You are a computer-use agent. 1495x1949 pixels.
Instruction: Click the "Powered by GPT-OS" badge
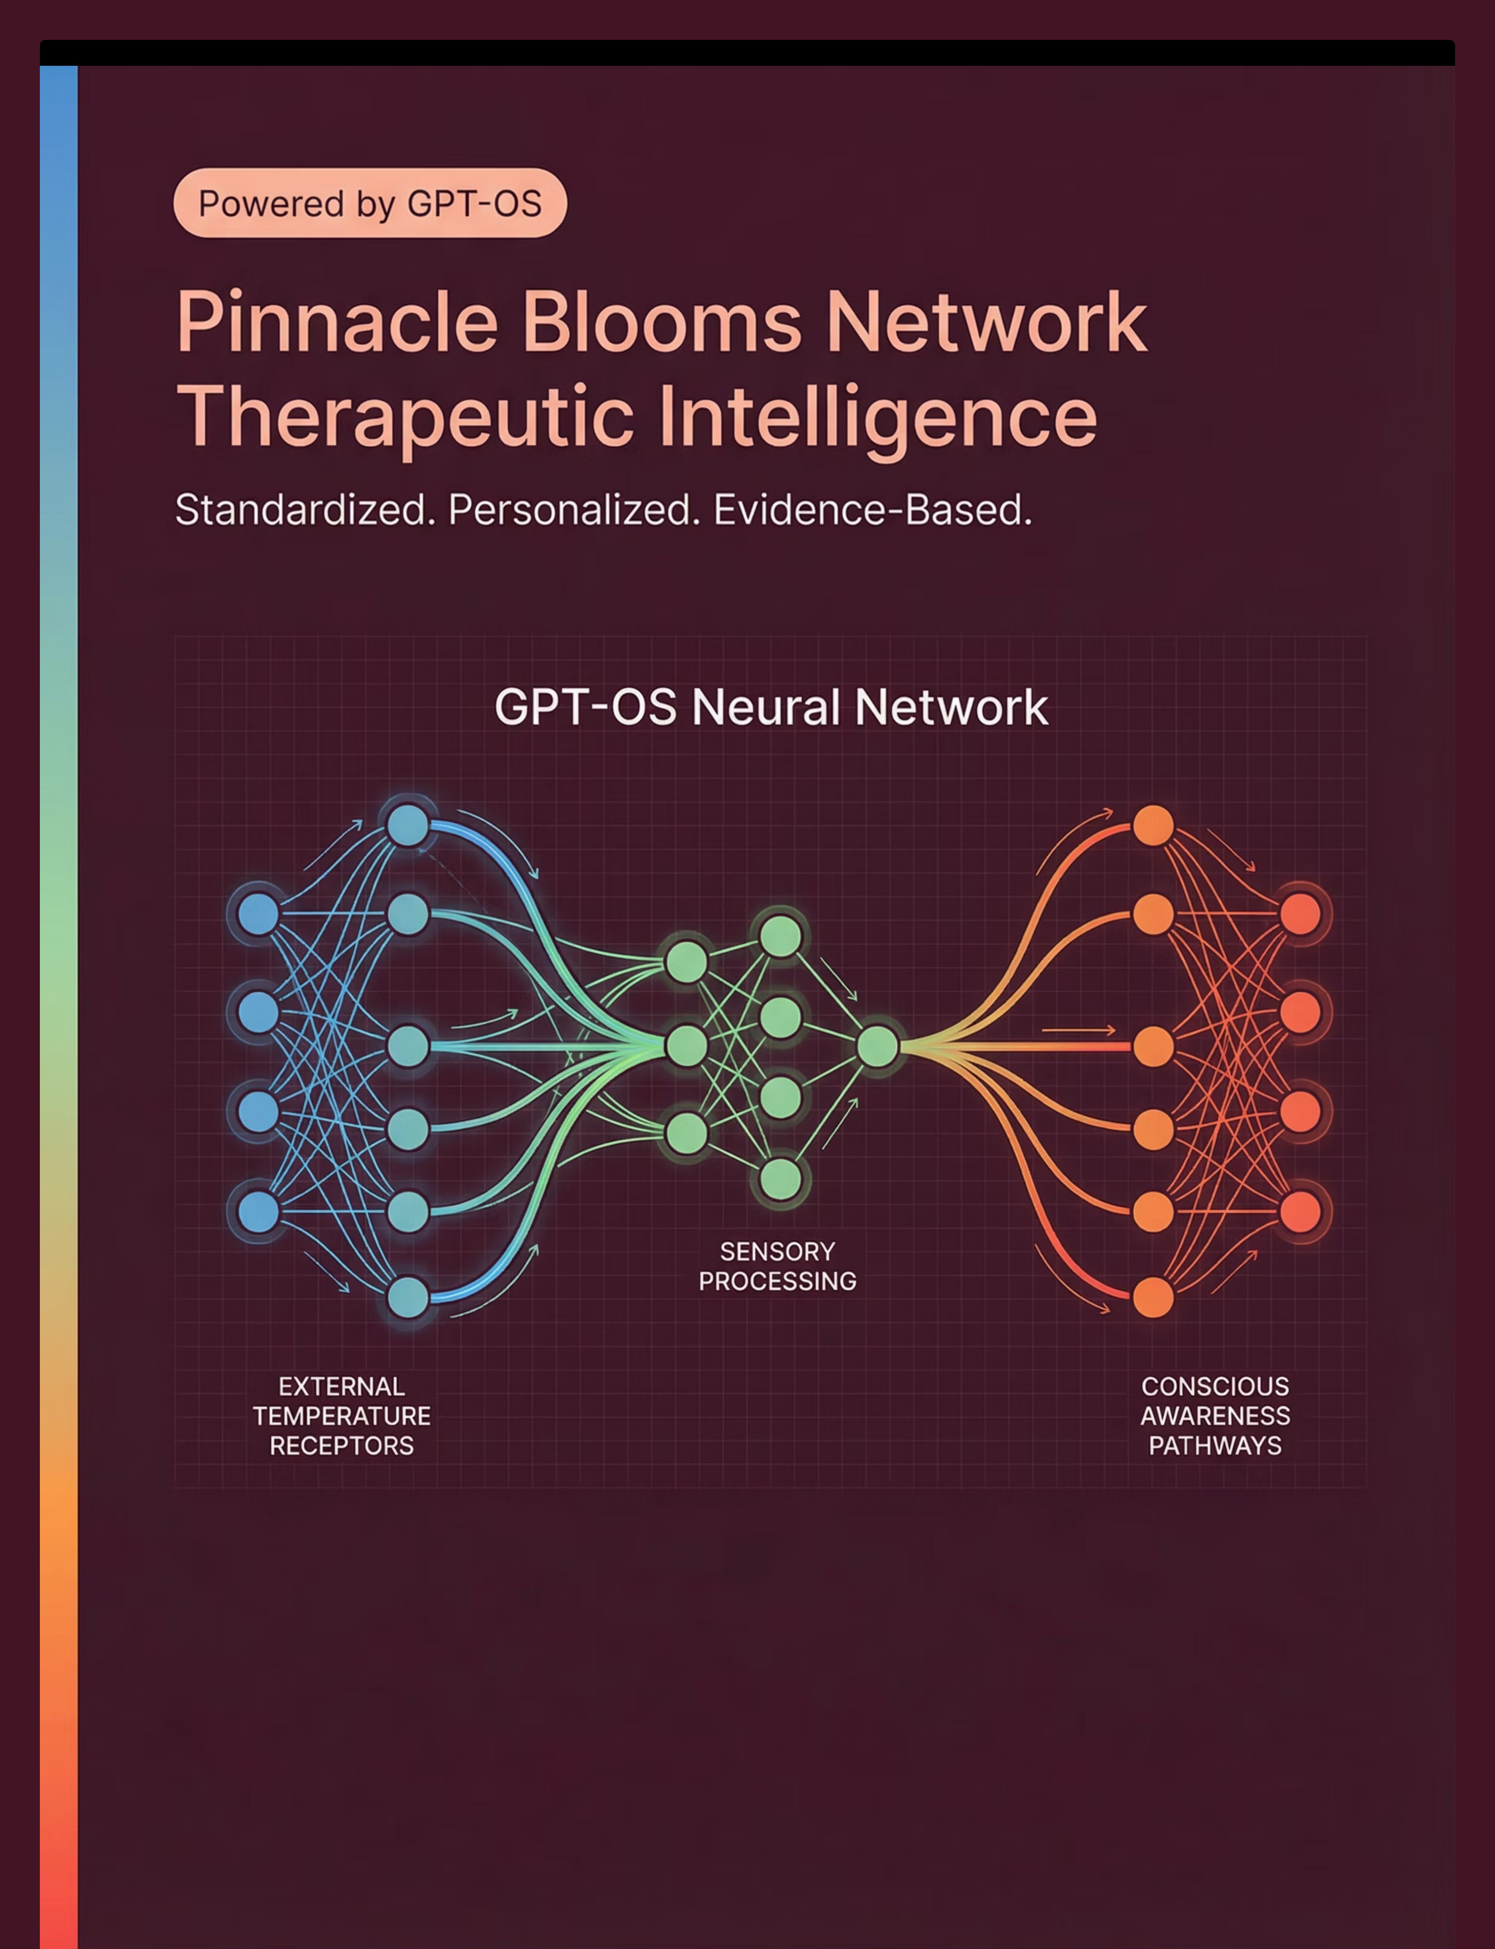point(369,203)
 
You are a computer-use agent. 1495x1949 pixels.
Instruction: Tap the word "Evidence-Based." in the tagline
point(872,510)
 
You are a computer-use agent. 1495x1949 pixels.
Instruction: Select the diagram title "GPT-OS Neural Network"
point(771,707)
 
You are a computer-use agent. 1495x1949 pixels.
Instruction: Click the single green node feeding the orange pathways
point(877,1046)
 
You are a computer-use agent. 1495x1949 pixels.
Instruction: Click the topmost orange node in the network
point(1153,825)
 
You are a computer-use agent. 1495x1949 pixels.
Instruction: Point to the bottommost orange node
point(1153,1297)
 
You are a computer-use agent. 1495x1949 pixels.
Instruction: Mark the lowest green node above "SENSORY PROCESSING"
point(781,1179)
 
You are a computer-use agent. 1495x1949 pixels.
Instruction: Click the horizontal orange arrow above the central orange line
point(1078,1030)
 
